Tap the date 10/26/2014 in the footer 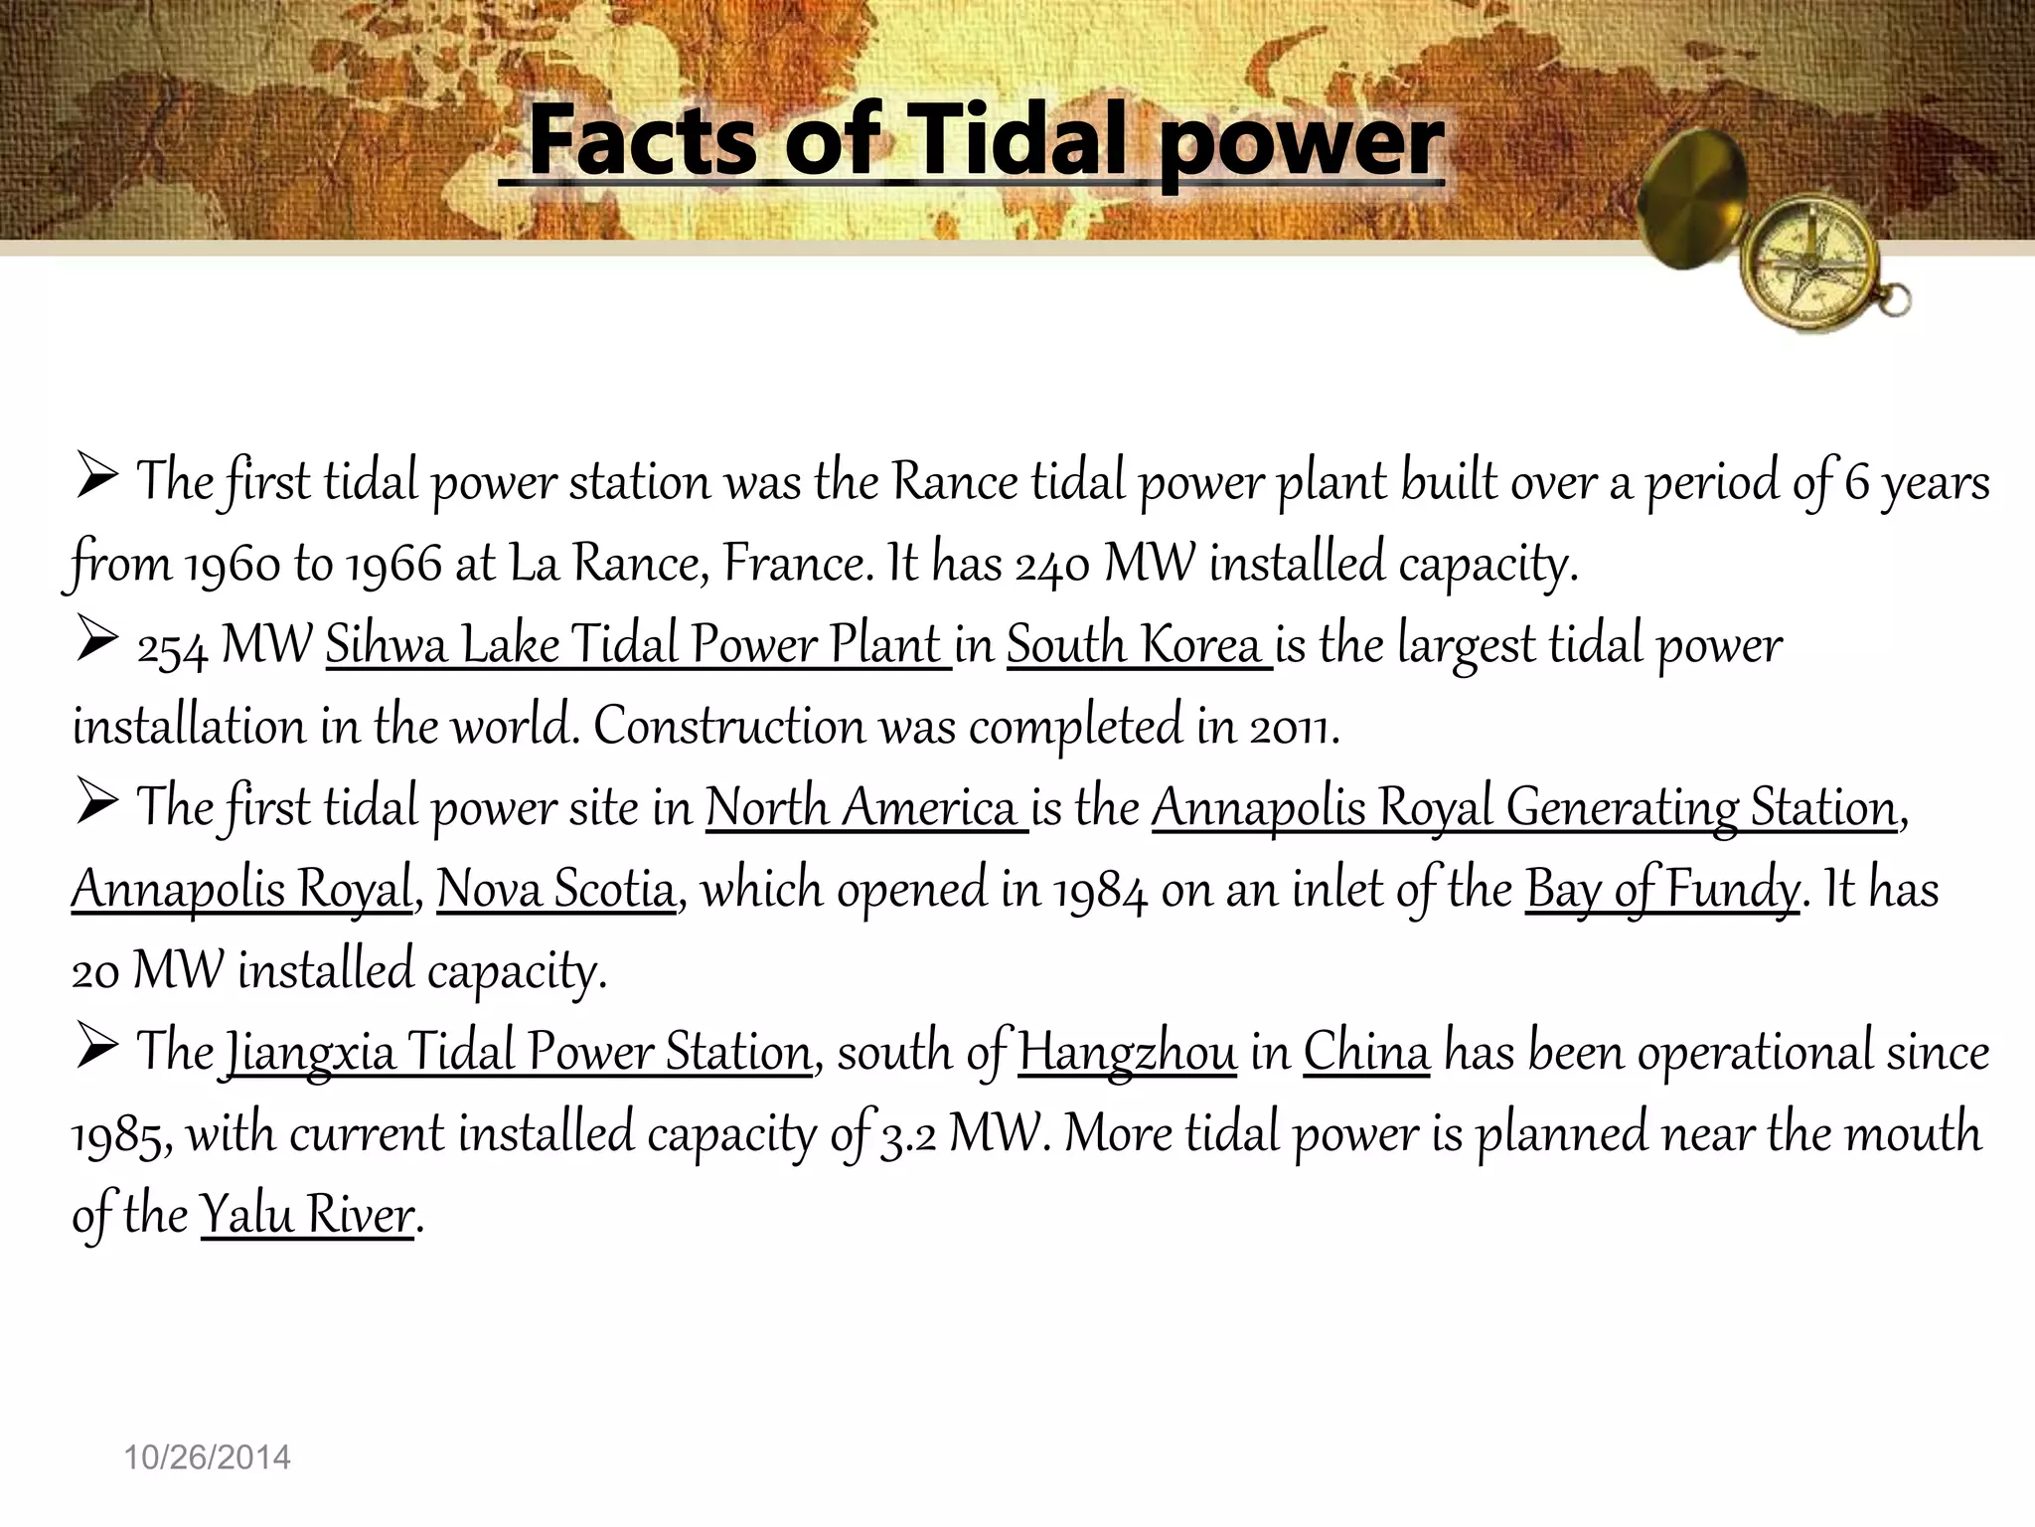point(207,1457)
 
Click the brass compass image point(1779,239)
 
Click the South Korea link point(1137,645)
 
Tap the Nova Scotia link point(555,889)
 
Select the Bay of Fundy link point(1661,889)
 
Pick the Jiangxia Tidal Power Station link point(517,1052)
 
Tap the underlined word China point(1366,1052)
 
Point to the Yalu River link point(307,1215)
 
